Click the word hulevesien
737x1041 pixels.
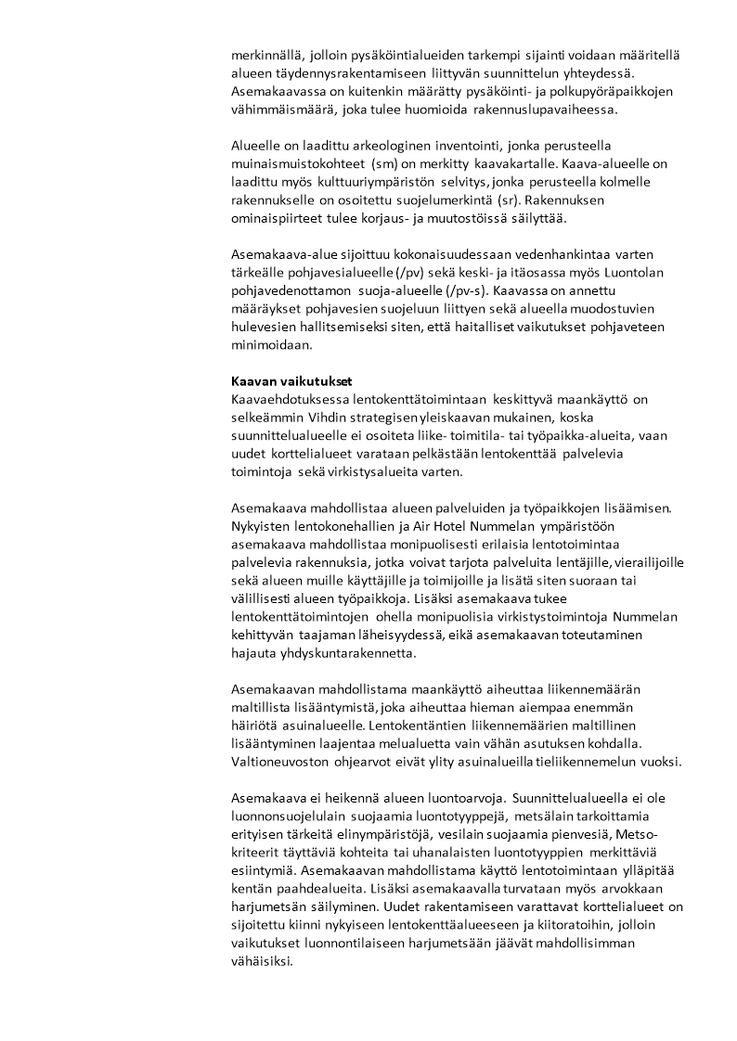coord(262,327)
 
